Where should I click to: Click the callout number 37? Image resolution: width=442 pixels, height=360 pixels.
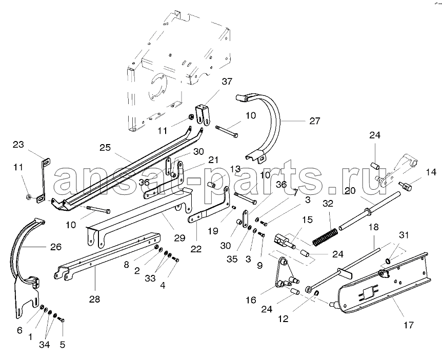[227, 82]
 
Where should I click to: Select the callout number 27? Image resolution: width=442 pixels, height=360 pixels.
[314, 121]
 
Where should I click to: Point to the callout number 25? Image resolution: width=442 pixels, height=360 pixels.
[105, 148]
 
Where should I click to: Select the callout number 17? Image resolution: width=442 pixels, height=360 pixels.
[409, 325]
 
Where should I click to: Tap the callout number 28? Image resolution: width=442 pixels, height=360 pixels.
[95, 298]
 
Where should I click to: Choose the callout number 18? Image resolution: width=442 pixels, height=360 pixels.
[373, 227]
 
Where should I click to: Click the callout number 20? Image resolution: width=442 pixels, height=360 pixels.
[350, 191]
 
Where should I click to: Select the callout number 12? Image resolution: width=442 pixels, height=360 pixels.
[284, 318]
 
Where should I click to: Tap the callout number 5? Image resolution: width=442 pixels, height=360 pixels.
[63, 345]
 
